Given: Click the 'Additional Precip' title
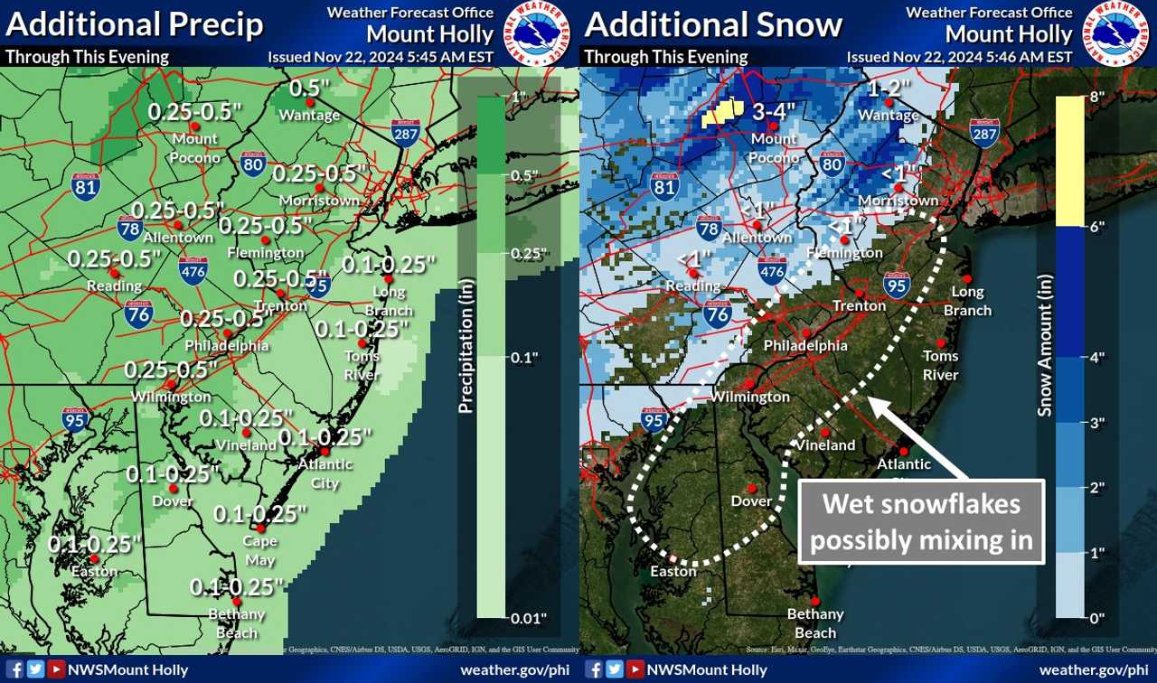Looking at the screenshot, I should [134, 24].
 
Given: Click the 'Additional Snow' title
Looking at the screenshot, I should [713, 24].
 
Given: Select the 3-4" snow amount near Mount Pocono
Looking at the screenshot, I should [773, 112].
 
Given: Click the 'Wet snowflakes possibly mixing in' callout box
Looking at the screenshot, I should [922, 521].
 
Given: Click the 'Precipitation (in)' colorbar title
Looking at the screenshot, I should [466, 358].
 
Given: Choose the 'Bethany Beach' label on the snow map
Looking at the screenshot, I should [814, 621].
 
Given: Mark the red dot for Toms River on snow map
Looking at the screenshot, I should [941, 342].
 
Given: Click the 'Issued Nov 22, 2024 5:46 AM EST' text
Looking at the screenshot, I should [959, 57].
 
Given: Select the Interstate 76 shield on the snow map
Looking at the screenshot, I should [718, 313].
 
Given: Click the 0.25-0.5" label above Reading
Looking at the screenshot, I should [114, 257].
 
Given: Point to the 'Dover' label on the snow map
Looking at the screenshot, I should [751, 501].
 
